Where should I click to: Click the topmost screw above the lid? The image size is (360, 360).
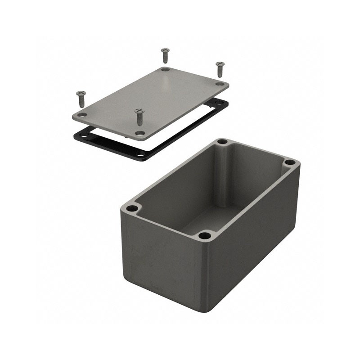165,55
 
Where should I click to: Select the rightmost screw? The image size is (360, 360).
220,69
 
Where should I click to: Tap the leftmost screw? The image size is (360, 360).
81,98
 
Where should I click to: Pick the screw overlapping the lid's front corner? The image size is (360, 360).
139,116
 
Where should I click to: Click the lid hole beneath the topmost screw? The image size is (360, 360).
166,70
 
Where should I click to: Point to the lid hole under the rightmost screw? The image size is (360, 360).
219,84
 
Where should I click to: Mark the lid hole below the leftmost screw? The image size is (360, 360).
82,115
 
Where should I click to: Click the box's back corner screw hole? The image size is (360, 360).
222,142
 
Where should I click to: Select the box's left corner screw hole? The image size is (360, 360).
132,208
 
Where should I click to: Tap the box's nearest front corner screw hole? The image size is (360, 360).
205,235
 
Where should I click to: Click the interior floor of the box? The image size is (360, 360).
211,216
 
